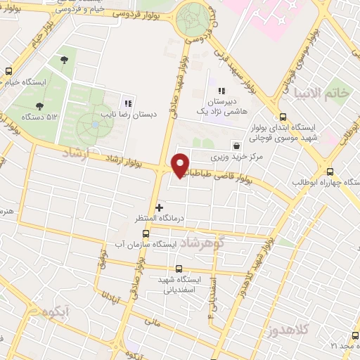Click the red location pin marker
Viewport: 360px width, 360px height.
point(181,165)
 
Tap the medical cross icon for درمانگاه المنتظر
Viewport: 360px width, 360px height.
point(160,207)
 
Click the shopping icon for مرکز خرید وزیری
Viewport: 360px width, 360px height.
point(236,145)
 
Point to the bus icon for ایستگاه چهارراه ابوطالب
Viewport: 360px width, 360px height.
point(330,171)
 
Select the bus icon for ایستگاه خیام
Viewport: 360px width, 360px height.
point(8,72)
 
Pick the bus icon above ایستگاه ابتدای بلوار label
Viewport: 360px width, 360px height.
point(283,117)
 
